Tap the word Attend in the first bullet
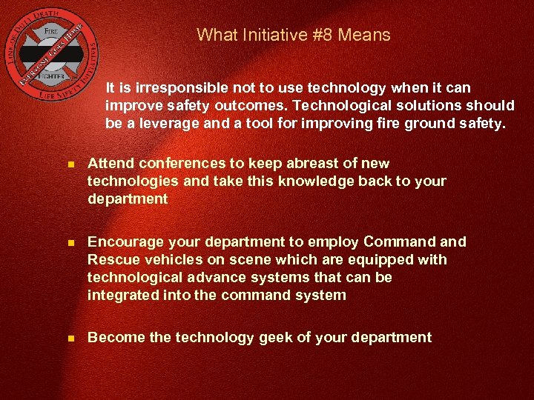click(109, 163)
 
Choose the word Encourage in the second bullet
click(122, 241)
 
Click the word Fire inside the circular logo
click(51, 32)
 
